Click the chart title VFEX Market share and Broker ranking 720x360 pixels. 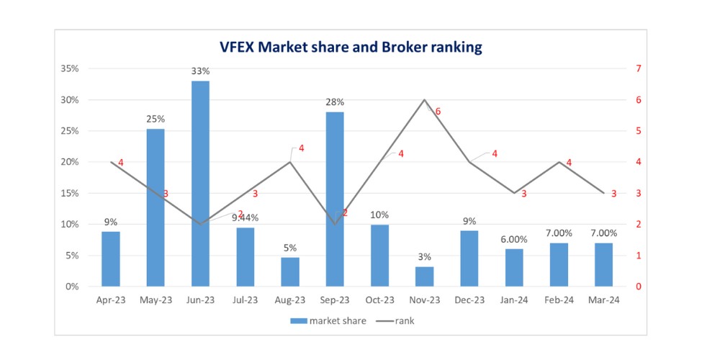tap(351, 48)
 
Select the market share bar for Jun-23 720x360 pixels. tap(200, 184)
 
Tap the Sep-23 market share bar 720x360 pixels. tap(335, 199)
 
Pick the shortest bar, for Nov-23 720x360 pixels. tap(425, 276)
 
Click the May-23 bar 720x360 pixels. tap(156, 207)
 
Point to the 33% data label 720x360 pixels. tap(201, 71)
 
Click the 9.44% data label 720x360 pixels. tap(246, 217)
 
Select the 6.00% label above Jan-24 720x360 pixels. tap(515, 239)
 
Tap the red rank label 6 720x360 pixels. tap(438, 112)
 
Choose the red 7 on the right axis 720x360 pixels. tap(638, 68)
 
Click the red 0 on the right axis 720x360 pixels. tap(638, 287)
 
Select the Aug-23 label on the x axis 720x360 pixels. tap(290, 300)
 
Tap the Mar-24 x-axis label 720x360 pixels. tap(604, 300)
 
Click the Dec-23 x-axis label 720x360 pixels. tap(469, 300)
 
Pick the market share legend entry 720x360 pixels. tap(328, 321)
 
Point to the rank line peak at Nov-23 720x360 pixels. tap(425, 99)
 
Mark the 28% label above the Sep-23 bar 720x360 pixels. tap(336, 102)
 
